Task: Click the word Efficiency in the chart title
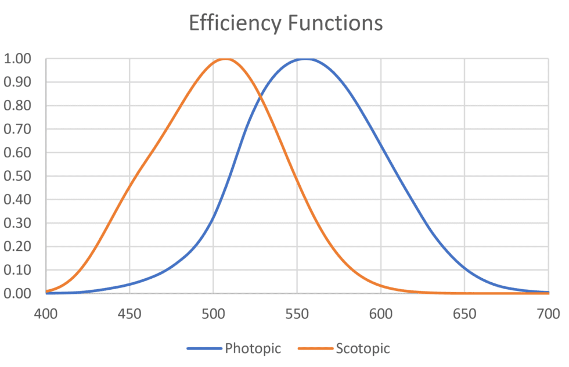235,23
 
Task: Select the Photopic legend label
253,348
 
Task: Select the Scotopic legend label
362,348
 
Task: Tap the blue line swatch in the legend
204,349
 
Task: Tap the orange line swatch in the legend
315,349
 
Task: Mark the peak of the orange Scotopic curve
225,59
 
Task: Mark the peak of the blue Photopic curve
307,59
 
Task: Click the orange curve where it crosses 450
129,186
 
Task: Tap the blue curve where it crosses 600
381,145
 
